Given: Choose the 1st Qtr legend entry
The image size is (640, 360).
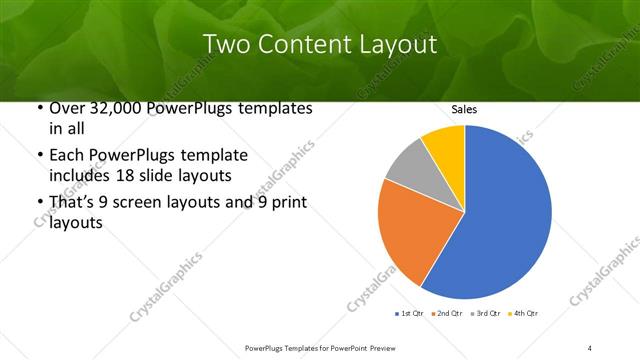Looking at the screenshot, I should click(x=410, y=314).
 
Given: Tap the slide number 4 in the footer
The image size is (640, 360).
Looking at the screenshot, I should click(x=590, y=347).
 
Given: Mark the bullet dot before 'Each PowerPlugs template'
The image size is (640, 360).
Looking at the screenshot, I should click(x=38, y=157).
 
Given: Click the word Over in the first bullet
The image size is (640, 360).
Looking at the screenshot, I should click(x=66, y=109).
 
